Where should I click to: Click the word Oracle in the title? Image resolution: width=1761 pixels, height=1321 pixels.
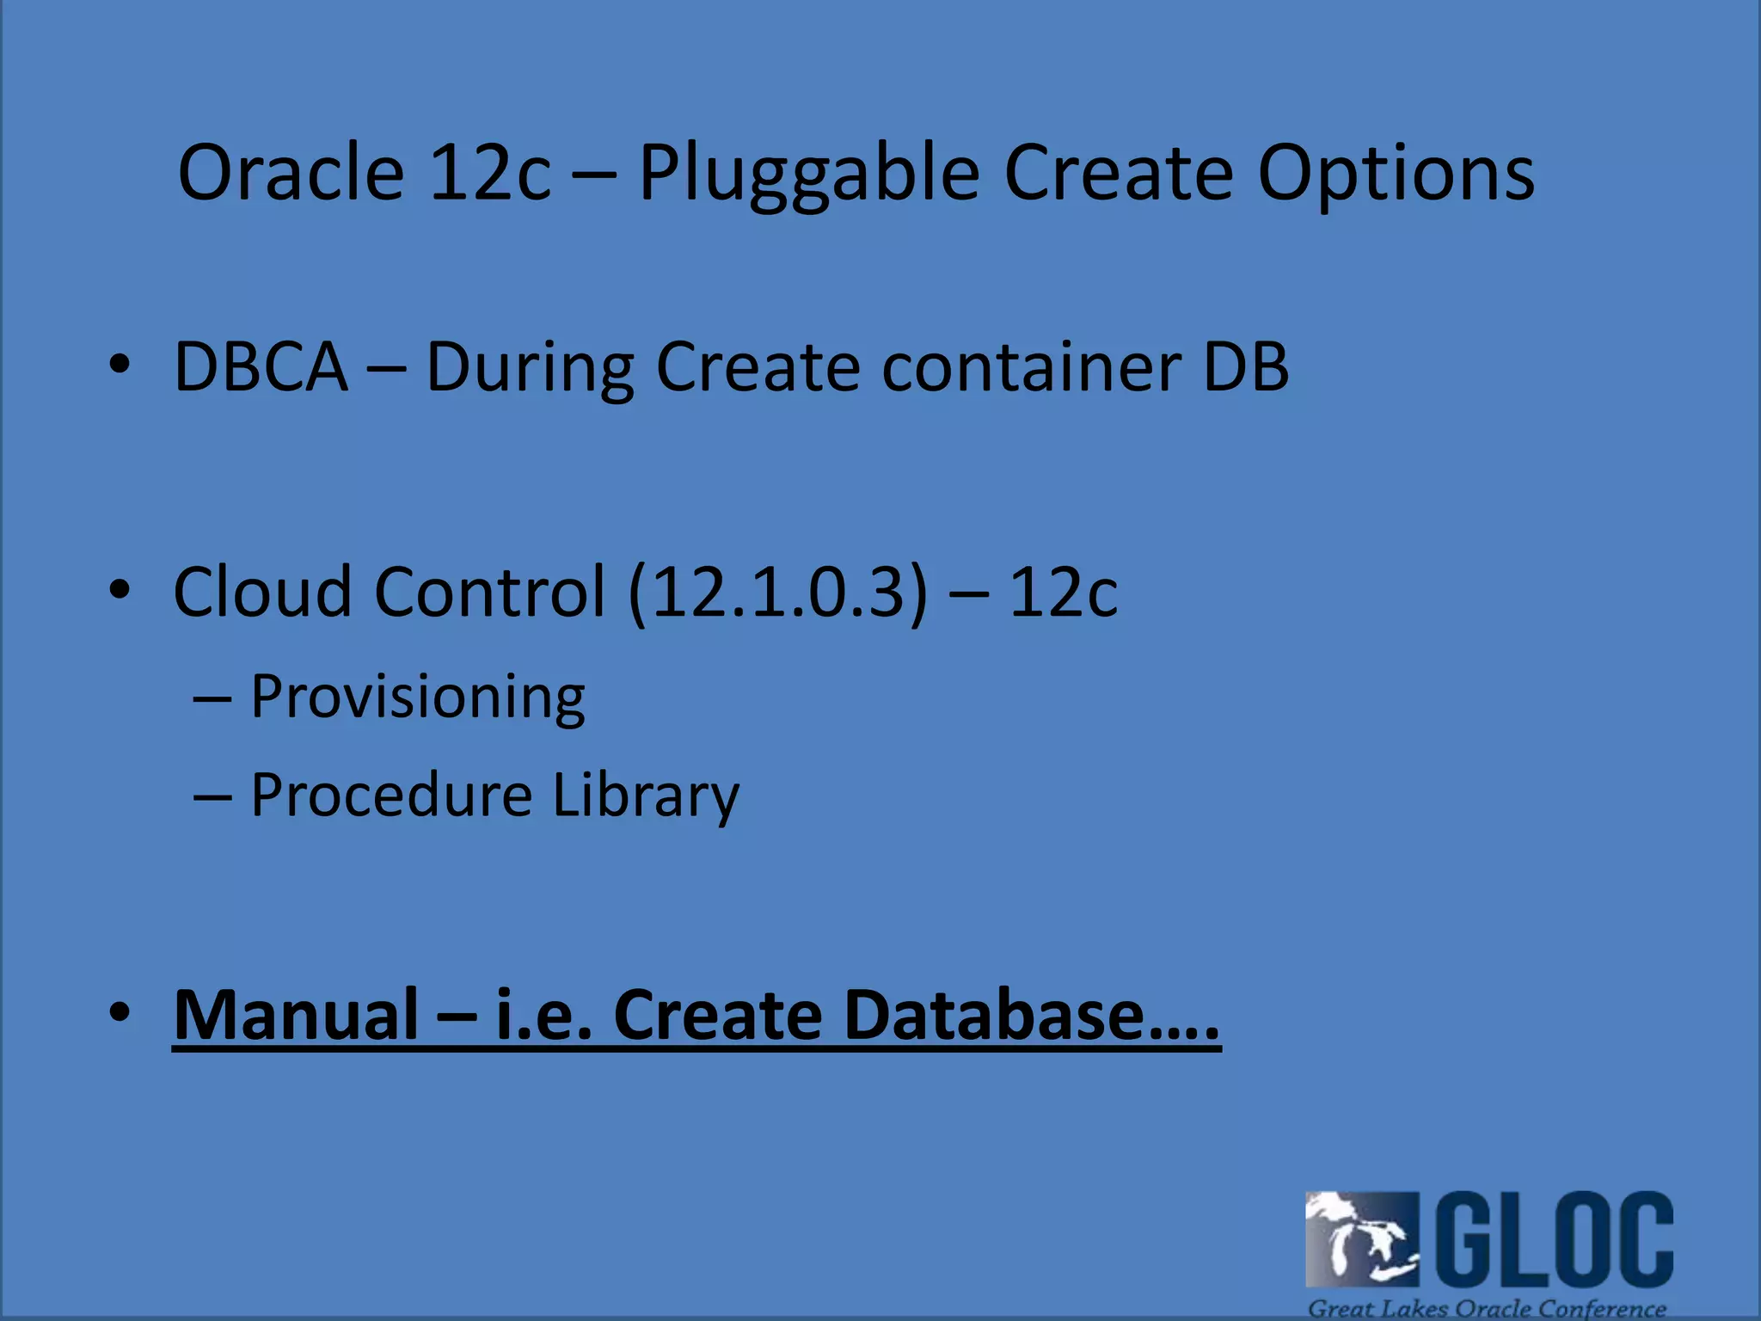[x=291, y=174]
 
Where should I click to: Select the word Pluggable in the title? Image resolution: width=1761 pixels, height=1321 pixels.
[x=808, y=174]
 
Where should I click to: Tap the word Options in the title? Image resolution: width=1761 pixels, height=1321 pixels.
[x=1395, y=174]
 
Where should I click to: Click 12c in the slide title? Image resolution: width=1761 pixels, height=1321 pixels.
[x=488, y=174]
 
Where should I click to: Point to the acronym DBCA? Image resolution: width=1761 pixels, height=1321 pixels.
[x=261, y=368]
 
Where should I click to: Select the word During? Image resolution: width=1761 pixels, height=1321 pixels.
[x=530, y=368]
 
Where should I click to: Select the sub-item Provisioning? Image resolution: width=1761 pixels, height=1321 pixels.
[x=417, y=697]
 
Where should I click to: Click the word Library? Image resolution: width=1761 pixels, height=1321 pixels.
[x=645, y=795]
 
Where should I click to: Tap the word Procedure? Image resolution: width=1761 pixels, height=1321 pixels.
[x=391, y=795]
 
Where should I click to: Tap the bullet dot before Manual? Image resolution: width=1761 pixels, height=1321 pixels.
[x=120, y=1012]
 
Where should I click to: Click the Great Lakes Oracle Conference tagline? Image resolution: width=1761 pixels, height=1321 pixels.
[x=1487, y=1308]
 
